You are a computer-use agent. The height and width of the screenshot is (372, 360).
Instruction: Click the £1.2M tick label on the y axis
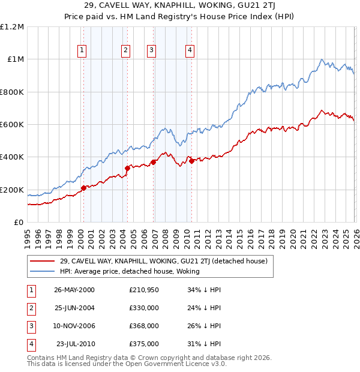click(12, 26)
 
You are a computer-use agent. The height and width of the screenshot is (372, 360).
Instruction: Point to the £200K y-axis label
click(12, 190)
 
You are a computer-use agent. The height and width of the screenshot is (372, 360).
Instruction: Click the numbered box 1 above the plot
click(82, 50)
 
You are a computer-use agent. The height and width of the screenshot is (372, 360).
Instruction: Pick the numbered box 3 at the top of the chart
click(151, 50)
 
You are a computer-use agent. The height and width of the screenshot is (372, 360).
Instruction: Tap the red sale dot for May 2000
click(84, 188)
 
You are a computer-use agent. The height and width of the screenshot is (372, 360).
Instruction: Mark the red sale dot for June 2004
click(127, 169)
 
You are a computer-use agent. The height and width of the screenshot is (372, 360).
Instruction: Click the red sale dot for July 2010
click(191, 161)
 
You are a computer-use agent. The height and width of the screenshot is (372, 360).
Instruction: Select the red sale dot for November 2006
click(153, 162)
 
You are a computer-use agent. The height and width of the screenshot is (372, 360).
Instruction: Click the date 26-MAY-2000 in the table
click(74, 290)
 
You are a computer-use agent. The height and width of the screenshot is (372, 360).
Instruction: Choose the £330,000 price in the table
click(144, 308)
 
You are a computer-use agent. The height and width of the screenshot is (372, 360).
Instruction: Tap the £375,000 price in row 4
click(144, 344)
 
